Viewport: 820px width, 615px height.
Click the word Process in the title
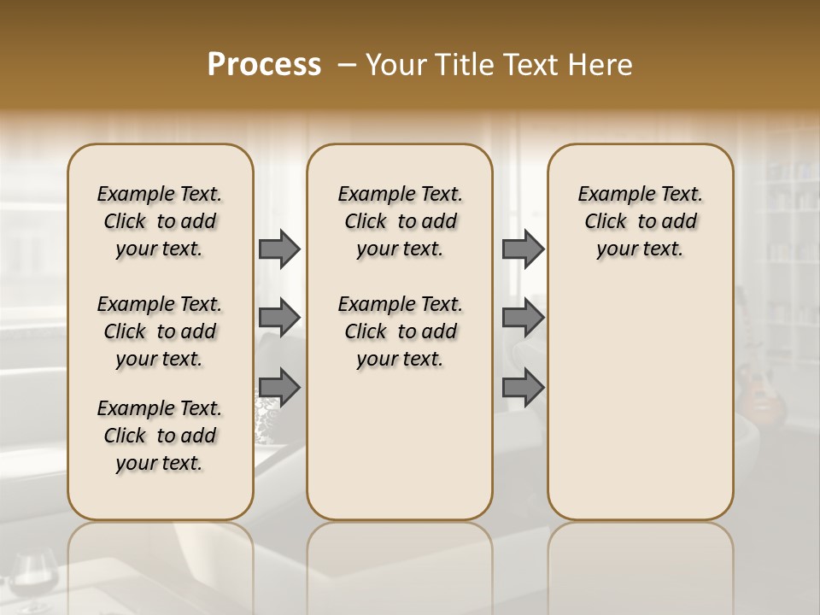[264, 65]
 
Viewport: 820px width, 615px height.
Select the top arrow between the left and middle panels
[279, 249]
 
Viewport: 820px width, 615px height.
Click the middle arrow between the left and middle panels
[279, 318]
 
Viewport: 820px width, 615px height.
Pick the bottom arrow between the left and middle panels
[279, 388]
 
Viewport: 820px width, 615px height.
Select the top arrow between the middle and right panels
[523, 249]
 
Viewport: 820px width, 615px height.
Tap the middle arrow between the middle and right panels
[523, 318]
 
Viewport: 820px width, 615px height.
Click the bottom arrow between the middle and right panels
[523, 388]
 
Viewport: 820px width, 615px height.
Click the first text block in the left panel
[160, 221]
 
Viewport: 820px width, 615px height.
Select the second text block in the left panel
[160, 331]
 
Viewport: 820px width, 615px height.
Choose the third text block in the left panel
[160, 436]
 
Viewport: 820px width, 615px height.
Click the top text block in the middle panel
[400, 221]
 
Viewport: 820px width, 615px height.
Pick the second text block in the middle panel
[400, 331]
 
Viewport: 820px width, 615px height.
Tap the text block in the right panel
[640, 221]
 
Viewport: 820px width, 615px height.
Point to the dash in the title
[347, 65]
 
